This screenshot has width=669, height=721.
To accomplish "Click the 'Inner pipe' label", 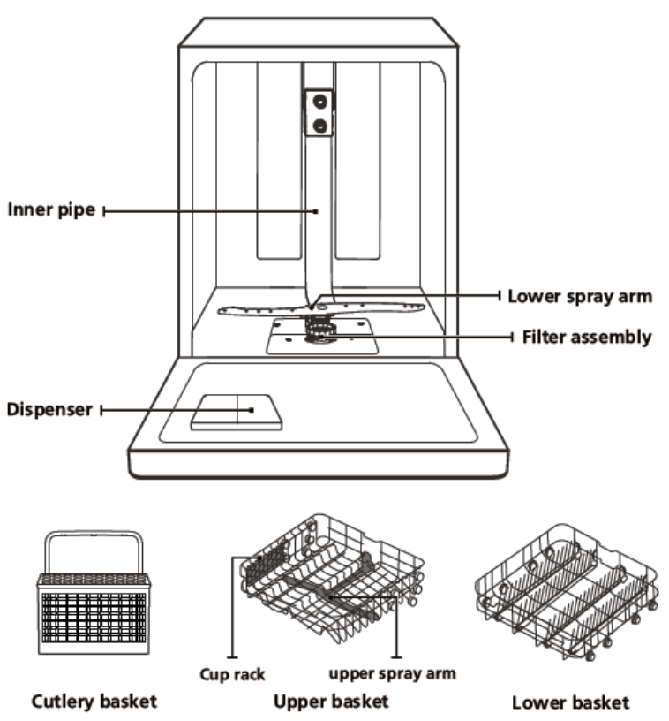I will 51,210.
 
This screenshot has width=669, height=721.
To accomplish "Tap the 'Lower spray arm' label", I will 580,296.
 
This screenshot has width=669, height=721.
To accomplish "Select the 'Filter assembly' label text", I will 587,337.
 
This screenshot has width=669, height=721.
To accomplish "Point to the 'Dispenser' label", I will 49,410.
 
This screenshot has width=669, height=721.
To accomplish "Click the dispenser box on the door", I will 237,412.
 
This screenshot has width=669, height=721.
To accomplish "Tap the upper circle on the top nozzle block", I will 319,102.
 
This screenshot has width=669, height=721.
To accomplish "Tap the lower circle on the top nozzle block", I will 319,124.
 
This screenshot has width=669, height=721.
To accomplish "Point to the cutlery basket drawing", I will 93,610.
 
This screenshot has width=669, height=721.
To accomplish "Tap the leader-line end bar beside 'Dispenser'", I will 103,410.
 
